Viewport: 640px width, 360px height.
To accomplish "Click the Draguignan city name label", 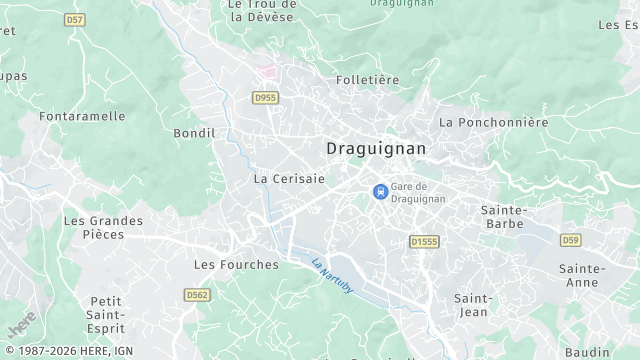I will tap(376, 148).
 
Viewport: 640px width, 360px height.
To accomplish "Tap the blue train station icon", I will tap(380, 192).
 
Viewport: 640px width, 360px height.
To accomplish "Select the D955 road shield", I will tap(266, 97).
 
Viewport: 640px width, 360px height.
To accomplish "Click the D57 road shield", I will tap(74, 19).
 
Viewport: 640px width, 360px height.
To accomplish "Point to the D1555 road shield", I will tap(425, 241).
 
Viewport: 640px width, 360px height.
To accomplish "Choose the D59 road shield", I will tap(570, 240).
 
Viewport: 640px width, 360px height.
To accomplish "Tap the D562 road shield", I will tap(197, 294).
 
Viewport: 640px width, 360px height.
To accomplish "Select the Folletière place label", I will tap(367, 80).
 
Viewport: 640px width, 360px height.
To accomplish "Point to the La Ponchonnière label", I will tap(494, 122).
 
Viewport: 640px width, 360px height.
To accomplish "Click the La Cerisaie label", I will tap(289, 179).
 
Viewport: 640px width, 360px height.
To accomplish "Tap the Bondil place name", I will tap(194, 133).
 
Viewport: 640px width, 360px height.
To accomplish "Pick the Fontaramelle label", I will tap(82, 116).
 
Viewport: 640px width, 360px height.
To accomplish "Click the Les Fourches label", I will tap(236, 265).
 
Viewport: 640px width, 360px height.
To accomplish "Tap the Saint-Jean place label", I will tap(473, 305).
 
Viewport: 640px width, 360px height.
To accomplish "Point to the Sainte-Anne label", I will tap(582, 275).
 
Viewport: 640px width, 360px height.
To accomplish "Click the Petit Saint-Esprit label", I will tap(106, 314).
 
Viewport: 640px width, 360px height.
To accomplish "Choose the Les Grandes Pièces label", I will tap(103, 227).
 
